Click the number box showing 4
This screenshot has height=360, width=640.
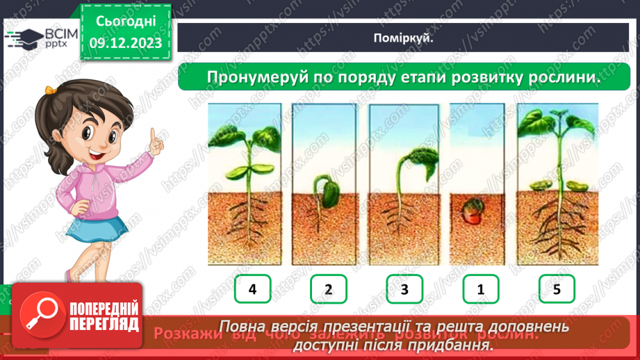252,289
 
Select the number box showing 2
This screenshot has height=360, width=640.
328,289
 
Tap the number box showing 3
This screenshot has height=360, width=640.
404,289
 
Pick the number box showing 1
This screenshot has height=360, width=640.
480,289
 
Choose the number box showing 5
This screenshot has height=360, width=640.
557,289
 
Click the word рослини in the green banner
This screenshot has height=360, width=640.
563,77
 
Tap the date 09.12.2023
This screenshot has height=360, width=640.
126,43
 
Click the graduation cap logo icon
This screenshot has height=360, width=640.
26,38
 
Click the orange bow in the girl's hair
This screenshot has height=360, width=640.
50,90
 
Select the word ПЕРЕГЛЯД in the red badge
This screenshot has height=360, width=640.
104,323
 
